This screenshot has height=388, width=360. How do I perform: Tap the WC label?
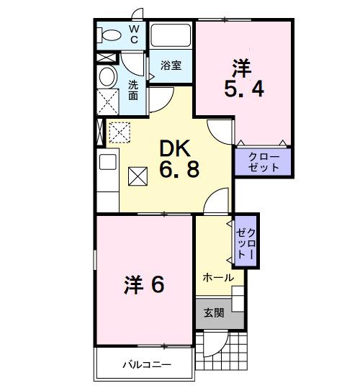click(134, 33)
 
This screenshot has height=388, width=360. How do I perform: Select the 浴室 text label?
click(170, 65)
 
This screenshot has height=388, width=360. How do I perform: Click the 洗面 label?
click(134, 90)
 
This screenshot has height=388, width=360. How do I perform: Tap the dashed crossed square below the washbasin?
click(108, 101)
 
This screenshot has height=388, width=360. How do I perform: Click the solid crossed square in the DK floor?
click(137, 176)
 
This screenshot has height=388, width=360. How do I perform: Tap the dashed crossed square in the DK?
click(118, 132)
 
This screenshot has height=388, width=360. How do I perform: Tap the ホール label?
click(217, 277)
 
